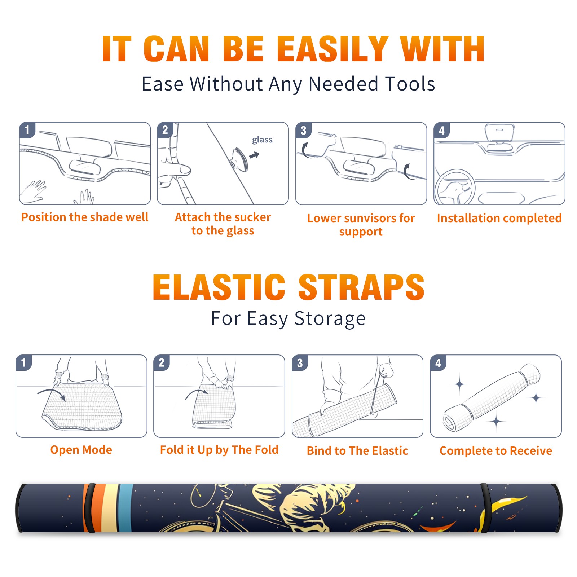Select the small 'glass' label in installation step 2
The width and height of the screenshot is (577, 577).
262,140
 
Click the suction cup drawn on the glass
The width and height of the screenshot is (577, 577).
239,159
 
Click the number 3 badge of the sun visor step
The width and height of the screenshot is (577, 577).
303,130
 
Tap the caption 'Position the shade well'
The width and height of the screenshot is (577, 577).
85,217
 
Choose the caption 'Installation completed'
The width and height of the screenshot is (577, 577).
499,218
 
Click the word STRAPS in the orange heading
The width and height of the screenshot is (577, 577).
361,287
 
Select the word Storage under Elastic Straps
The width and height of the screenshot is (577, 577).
330,319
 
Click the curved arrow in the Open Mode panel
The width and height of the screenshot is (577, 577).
52,393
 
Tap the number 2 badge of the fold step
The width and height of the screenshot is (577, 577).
162,362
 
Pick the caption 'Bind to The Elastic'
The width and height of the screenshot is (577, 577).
357,451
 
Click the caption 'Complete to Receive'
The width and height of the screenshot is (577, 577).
496,451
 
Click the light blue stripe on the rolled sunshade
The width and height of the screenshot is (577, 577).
125,508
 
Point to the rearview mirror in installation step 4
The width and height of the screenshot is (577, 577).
499,132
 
